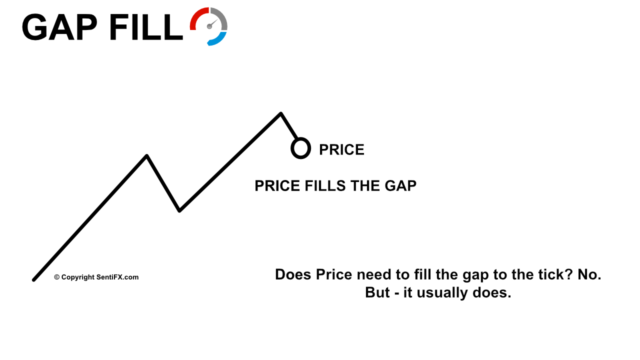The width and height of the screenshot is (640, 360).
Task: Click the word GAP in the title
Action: point(59,27)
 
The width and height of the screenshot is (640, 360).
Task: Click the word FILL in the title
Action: point(146,27)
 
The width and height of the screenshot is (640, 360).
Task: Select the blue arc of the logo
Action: point(217,39)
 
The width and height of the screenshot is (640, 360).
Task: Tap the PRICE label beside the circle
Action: point(341,149)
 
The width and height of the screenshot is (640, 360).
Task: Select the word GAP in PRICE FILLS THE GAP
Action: point(400,186)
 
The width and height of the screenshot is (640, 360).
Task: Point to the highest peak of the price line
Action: point(281,113)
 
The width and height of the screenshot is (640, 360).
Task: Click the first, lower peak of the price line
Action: point(147,156)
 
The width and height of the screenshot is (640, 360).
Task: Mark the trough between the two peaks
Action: point(179,211)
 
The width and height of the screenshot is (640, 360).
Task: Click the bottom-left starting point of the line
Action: point(33,280)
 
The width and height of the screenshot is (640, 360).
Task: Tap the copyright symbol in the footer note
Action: point(57,277)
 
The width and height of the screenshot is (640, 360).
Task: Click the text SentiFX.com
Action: point(117,277)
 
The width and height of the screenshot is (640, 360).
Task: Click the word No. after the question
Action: point(589,274)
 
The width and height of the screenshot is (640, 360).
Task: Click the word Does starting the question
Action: point(293,274)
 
